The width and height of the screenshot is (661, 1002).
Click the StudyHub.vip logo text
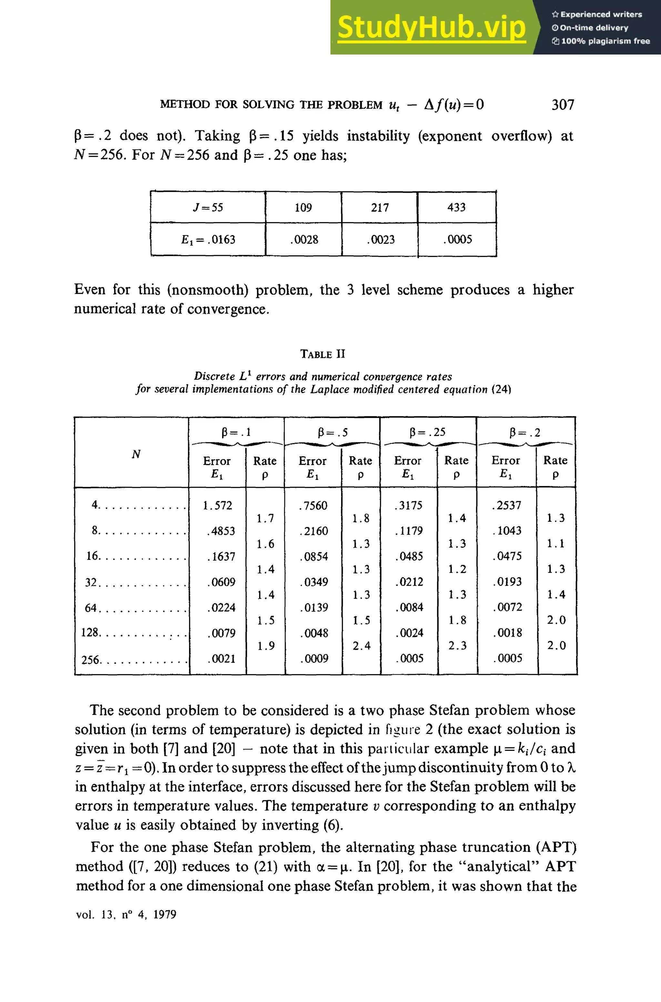431,27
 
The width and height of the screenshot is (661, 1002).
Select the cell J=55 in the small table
208,207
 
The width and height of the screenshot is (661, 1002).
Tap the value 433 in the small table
457,207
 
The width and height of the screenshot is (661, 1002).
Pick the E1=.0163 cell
208,240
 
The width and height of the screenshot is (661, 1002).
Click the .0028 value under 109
303,240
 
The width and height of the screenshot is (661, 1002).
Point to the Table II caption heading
322,354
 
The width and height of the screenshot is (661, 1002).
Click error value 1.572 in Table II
217,505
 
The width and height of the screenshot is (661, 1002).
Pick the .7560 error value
313,505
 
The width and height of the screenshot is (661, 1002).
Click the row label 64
91,608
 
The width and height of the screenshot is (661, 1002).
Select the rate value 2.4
361,645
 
